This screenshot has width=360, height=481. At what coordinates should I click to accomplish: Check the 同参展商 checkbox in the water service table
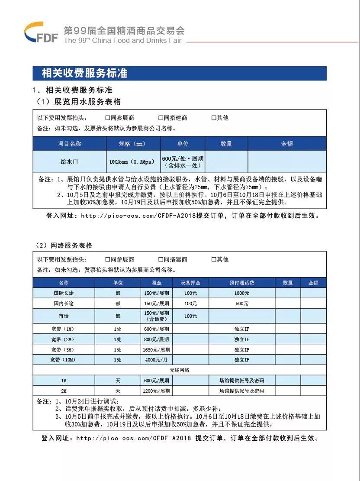coord(108,118)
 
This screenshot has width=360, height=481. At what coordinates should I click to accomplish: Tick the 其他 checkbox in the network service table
coord(214,259)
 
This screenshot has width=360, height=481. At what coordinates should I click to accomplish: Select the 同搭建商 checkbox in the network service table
coord(161,259)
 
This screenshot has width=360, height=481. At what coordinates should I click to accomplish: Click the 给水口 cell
coord(69,162)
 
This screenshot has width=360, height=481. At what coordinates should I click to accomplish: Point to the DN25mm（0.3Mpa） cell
coord(133,162)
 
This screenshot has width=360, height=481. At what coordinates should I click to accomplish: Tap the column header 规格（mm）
coord(133,144)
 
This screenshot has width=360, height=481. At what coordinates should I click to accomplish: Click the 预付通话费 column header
coord(241,283)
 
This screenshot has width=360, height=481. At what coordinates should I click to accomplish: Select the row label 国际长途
coord(64,293)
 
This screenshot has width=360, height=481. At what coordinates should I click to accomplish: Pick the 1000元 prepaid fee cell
coord(241,293)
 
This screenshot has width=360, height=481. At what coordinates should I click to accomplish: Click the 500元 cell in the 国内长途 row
coord(241,303)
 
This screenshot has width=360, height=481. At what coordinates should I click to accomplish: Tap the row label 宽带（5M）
coord(64,349)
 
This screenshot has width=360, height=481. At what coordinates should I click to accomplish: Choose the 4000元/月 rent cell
coord(157,360)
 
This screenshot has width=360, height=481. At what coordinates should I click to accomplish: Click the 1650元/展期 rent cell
coord(157,349)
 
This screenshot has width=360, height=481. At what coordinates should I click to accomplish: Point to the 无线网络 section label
coord(179,370)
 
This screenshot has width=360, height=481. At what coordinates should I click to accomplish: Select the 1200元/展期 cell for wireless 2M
coord(157,391)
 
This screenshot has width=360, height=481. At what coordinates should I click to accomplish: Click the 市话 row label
coord(64,316)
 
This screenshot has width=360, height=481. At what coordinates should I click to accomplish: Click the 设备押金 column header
coord(190,283)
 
